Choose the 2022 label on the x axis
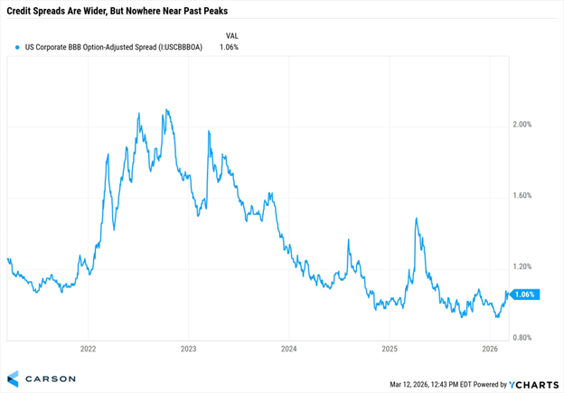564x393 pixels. coord(89,349)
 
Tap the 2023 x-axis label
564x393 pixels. coord(189,349)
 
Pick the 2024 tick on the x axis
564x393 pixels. coord(289,349)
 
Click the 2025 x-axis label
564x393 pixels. coord(390,349)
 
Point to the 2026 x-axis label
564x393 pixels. coord(490,349)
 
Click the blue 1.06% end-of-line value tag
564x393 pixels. coord(525,295)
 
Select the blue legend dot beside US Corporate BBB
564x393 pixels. coord(17,47)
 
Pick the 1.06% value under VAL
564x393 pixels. coord(229,47)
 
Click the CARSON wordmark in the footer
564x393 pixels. coord(44,378)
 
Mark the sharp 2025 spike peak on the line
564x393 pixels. coord(416,219)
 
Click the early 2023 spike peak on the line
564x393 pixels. coord(209,132)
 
